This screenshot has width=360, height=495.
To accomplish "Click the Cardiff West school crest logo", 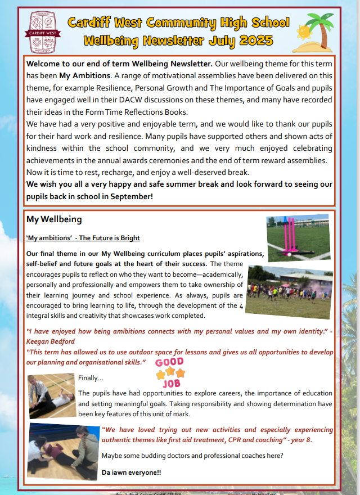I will (45, 31).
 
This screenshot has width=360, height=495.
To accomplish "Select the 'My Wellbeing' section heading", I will (54, 219).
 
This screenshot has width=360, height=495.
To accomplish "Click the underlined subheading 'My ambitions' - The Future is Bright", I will (83, 238).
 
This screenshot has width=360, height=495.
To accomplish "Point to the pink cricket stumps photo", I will (298, 238).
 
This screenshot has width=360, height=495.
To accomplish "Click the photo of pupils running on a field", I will (289, 292).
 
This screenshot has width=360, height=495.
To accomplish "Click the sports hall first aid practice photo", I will (51, 395).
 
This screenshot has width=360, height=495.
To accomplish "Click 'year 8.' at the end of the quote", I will (299, 439).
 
